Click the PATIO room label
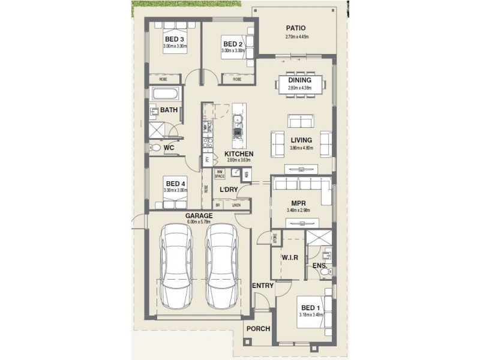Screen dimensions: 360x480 tap(295, 28)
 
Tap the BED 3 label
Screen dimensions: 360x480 tap(174, 40)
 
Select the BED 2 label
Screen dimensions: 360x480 tap(232, 44)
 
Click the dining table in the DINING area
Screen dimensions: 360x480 tap(299, 84)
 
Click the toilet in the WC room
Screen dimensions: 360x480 tap(155, 147)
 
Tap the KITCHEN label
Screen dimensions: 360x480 tap(239, 154)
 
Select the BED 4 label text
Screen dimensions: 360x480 tap(175, 184)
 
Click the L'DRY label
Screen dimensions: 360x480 tap(230, 190)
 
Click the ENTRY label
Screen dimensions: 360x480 tap(263, 286)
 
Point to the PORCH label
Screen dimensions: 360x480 tap(259, 329)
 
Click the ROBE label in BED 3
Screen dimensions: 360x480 tap(163, 79)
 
